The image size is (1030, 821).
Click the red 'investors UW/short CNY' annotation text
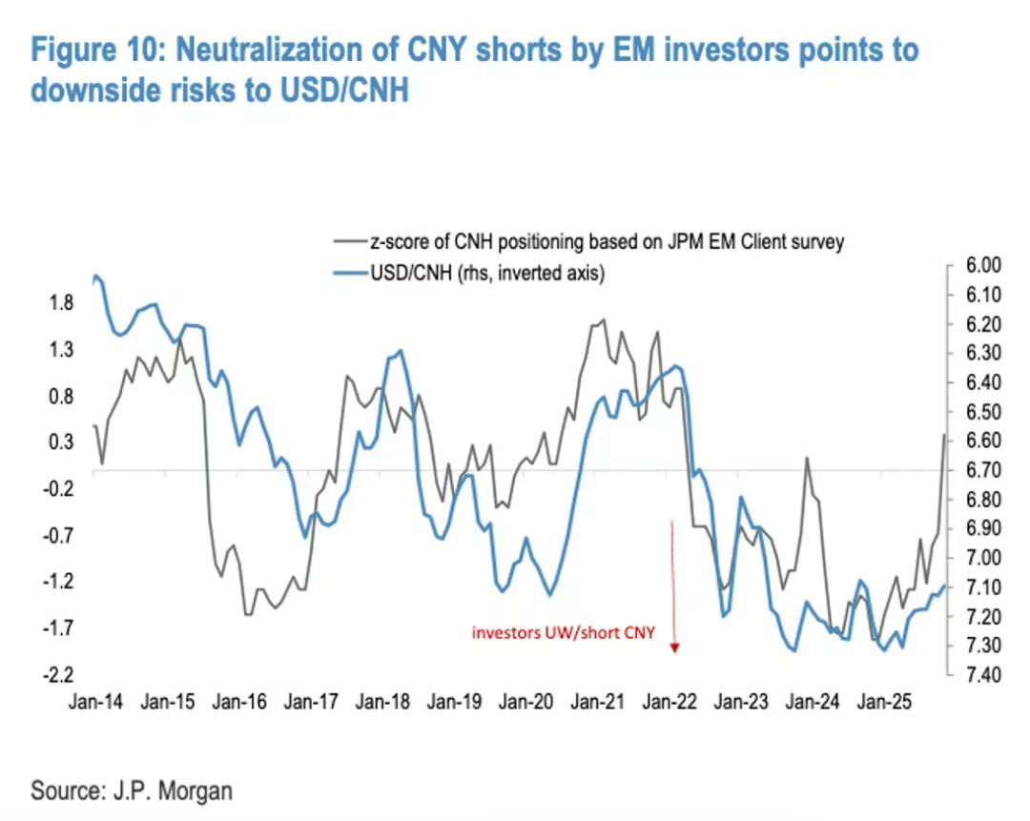click(564, 631)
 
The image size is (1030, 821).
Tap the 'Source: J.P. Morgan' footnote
click(132, 790)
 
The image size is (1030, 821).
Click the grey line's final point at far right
click(945, 435)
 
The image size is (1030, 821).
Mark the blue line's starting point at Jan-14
click(94, 277)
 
